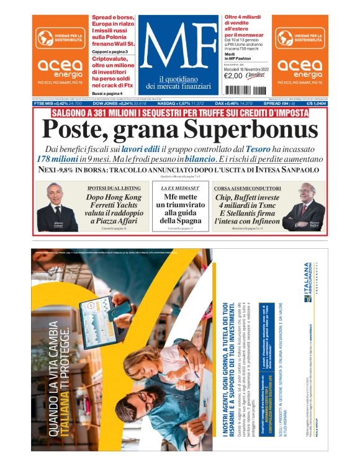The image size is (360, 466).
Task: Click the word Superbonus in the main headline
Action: (x=252, y=129)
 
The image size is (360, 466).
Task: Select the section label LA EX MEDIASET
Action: (x=179, y=187)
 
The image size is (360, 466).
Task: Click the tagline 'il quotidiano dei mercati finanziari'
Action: (x=179, y=81)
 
